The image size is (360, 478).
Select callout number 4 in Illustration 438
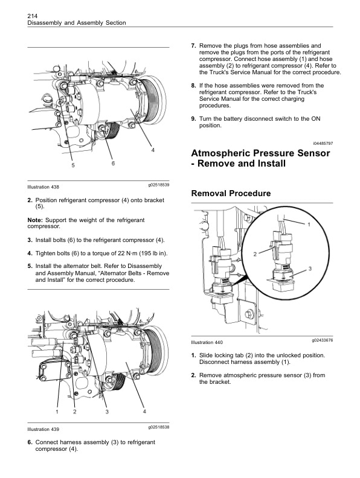click(x=153, y=150)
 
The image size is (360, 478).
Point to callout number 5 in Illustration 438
click(x=72, y=164)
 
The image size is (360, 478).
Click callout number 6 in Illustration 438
click(x=113, y=163)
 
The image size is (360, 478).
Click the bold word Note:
click(x=34, y=220)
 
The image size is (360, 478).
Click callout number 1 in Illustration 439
click(x=57, y=412)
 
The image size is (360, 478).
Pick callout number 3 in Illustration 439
click(x=106, y=412)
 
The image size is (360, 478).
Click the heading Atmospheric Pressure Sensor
click(x=260, y=154)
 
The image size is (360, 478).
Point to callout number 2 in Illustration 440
click(x=256, y=254)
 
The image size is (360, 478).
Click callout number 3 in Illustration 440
click(x=310, y=268)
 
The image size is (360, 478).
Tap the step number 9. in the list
click(x=193, y=118)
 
